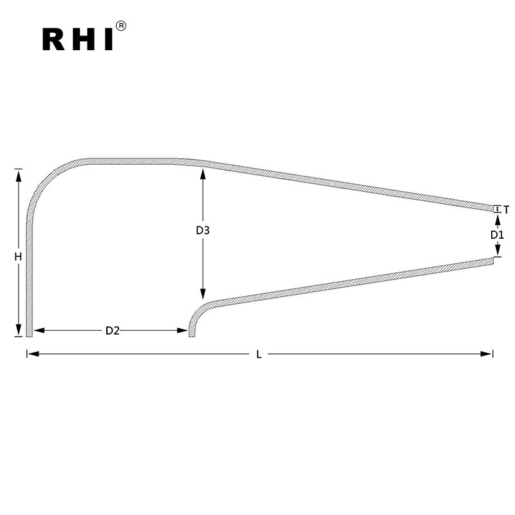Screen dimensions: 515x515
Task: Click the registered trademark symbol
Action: tap(121, 26)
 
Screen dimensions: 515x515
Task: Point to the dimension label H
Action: tap(19, 256)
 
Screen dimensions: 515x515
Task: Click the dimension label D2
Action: tap(113, 331)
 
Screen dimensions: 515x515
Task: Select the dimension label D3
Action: tap(203, 230)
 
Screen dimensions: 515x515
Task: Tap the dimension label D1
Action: tap(496, 235)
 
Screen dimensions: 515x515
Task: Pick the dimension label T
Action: tap(507, 210)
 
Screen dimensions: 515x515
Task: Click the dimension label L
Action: tap(259, 354)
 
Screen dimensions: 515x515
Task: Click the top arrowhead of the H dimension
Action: tap(19, 173)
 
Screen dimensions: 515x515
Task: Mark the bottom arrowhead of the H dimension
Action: tap(19, 332)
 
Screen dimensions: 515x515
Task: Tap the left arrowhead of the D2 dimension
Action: tap(37, 331)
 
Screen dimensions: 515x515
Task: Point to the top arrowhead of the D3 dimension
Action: tap(203, 173)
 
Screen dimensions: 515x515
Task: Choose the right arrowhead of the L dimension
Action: tap(489, 353)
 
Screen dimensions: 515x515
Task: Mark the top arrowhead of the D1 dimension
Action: tap(497, 218)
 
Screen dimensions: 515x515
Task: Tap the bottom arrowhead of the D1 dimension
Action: tap(497, 252)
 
